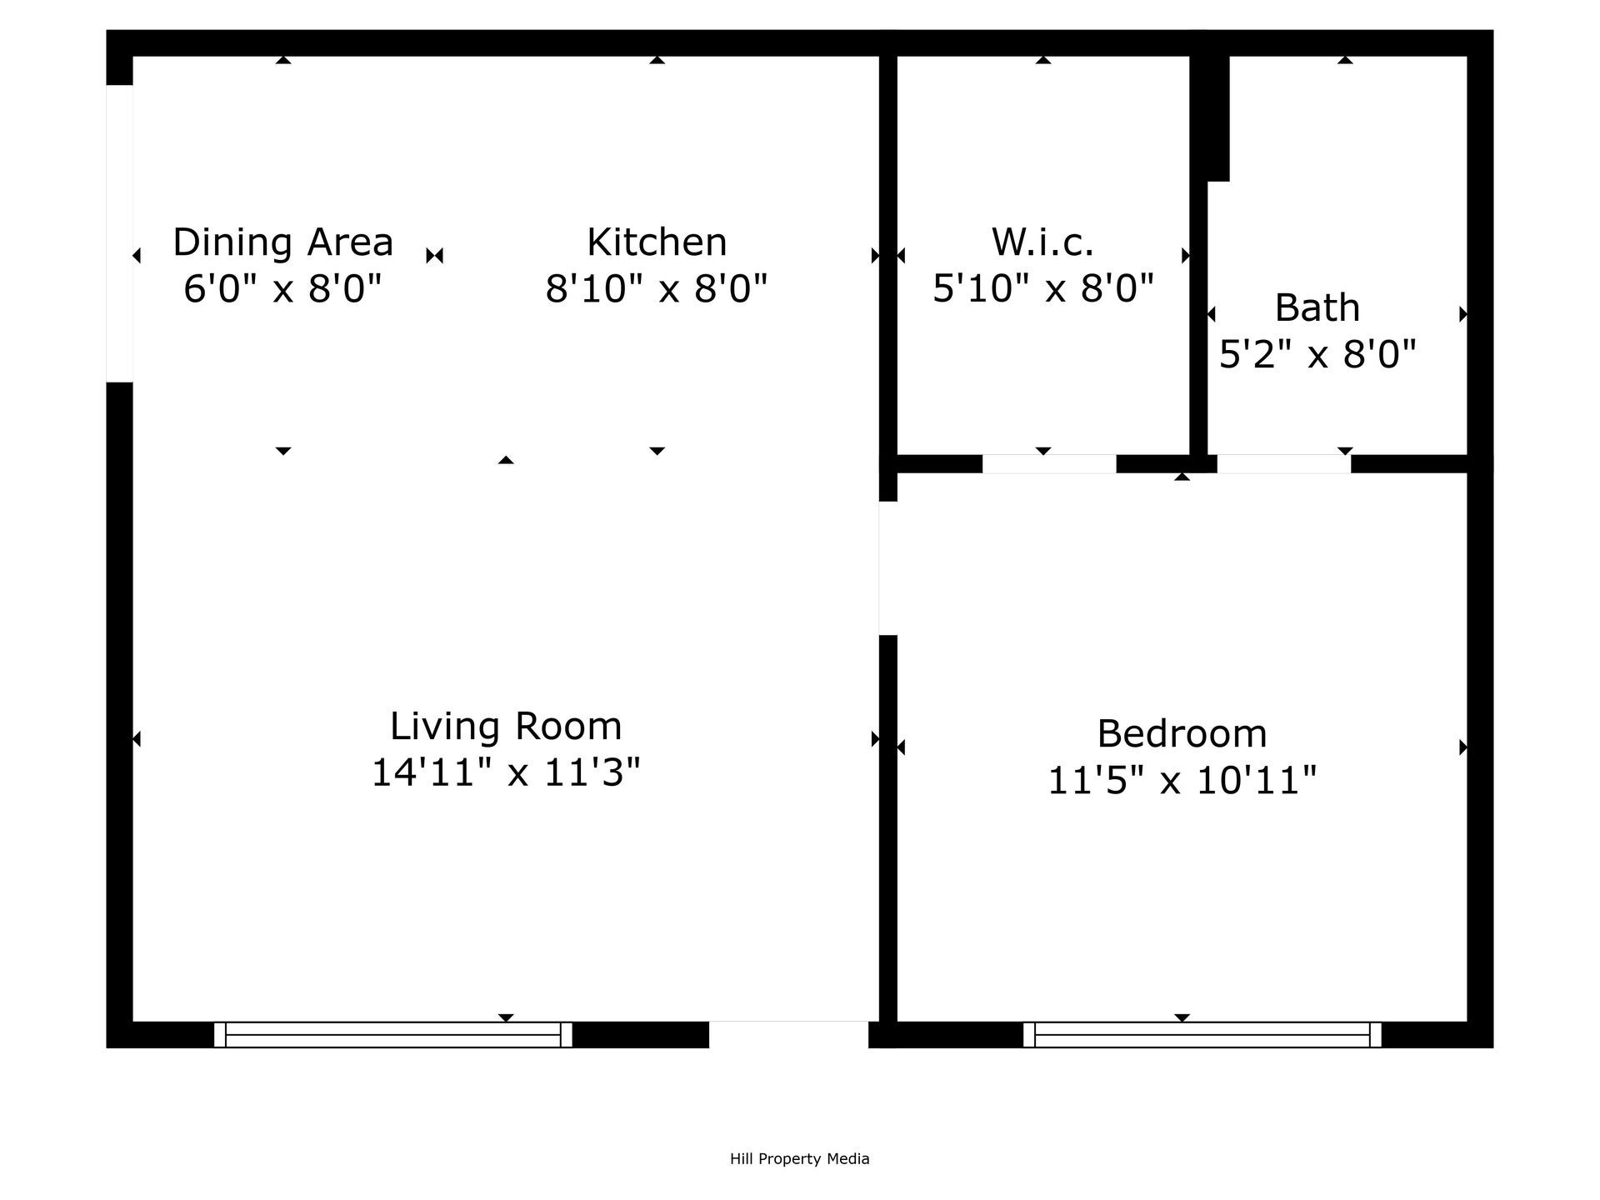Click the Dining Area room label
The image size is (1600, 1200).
click(282, 242)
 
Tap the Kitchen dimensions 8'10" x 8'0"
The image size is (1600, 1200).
click(656, 289)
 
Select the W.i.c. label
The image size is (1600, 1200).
click(1042, 242)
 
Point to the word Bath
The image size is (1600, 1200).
click(1317, 308)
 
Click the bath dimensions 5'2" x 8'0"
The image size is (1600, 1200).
click(1317, 355)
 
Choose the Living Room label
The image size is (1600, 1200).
click(506, 726)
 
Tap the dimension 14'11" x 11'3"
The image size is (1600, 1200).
click(506, 772)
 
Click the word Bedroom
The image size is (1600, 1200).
click(1182, 734)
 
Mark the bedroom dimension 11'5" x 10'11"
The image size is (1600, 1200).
click(1182, 781)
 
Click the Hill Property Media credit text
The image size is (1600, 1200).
click(799, 1158)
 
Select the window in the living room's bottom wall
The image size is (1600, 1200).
click(392, 1034)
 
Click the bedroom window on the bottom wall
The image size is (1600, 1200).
click(1202, 1034)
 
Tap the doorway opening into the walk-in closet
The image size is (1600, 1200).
click(1048, 464)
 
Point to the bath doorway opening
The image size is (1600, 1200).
click(1283, 464)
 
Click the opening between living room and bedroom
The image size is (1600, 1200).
click(887, 568)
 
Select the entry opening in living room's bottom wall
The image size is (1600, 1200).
click(788, 1034)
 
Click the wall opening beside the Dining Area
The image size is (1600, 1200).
click(119, 233)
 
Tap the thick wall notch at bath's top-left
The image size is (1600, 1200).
click(1209, 117)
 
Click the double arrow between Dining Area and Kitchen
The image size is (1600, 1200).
click(434, 256)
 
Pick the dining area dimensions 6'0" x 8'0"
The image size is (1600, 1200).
click(282, 289)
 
